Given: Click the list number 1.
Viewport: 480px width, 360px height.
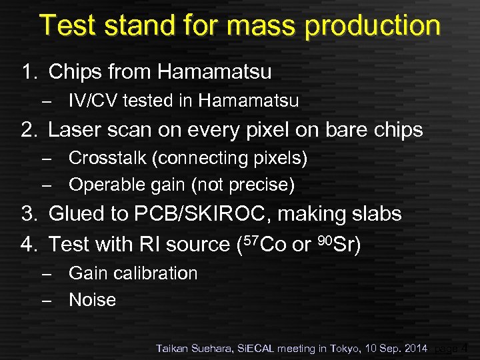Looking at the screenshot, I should tap(27, 71).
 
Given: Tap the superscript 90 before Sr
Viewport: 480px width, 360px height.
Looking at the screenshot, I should tap(323, 239).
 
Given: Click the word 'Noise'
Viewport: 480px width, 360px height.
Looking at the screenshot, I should tap(92, 300).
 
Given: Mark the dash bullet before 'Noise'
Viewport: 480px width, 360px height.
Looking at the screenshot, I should tap(45, 301).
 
